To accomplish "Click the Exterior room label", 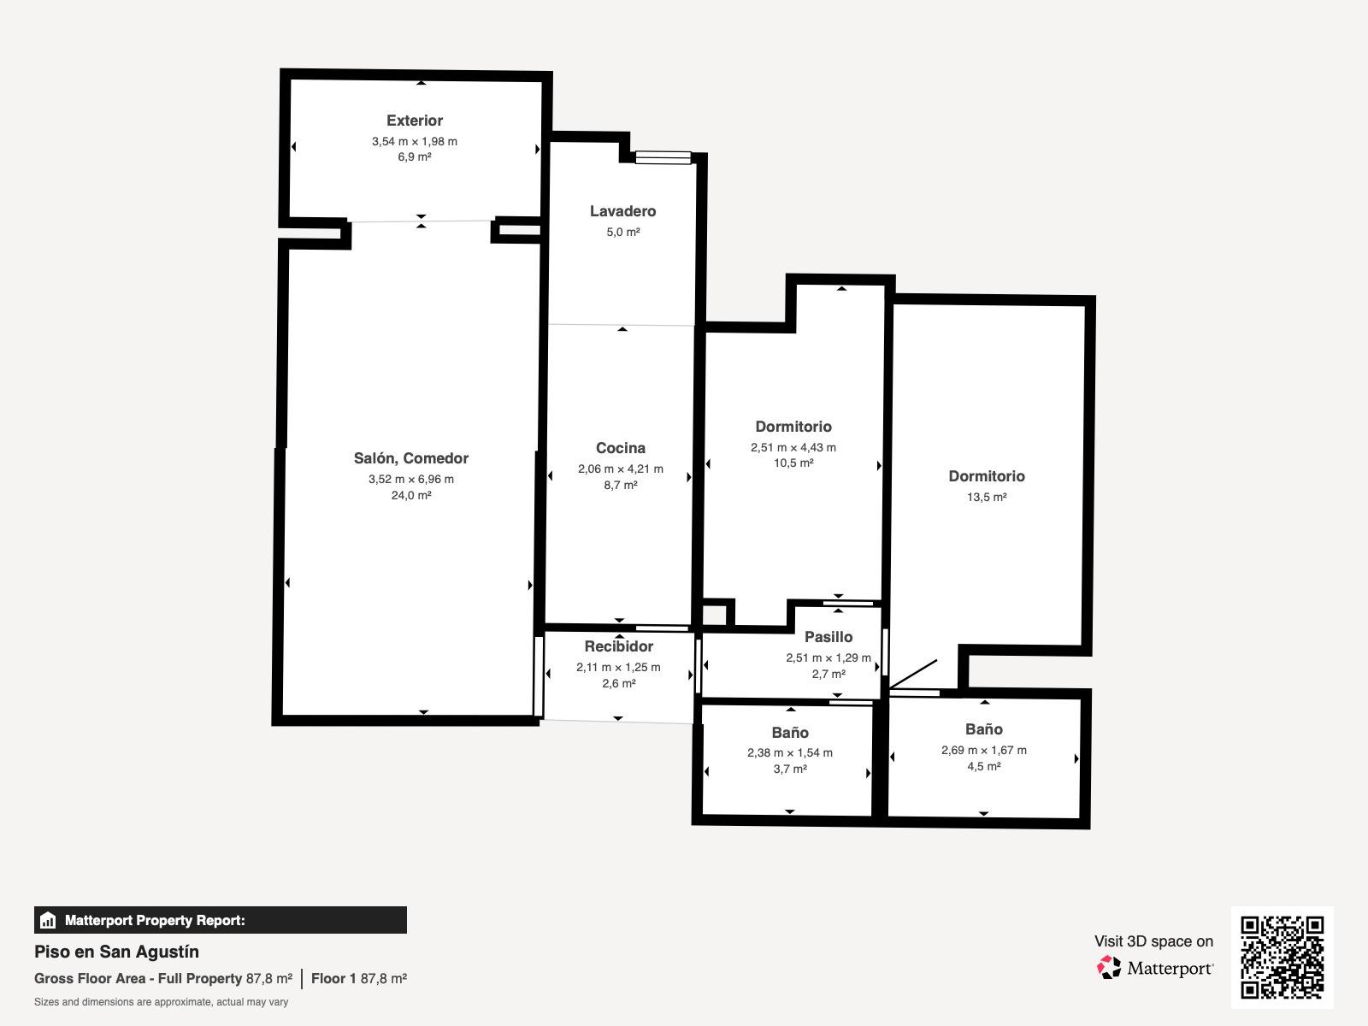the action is [x=415, y=121].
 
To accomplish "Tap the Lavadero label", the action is [x=622, y=211].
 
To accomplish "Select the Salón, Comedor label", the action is [x=410, y=458].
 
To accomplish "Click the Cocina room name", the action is [x=620, y=448].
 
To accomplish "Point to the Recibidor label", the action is [x=619, y=646].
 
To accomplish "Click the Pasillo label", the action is [x=828, y=637].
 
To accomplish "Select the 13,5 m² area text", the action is [x=987, y=497].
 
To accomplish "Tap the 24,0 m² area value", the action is [x=411, y=495].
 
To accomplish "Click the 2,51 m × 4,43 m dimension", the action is [x=793, y=447].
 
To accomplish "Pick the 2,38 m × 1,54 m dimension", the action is [x=790, y=752].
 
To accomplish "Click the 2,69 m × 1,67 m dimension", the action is [x=983, y=750].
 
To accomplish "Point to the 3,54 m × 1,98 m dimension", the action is [x=415, y=141].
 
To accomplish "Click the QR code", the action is [x=1282, y=958].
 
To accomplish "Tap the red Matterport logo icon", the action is [x=1109, y=968].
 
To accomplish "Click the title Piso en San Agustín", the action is [x=116, y=952].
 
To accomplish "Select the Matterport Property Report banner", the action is [x=221, y=920].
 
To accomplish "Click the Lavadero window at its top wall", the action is [x=663, y=157].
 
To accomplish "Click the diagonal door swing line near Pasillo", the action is [x=913, y=675].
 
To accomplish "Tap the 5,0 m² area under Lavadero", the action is [x=623, y=232].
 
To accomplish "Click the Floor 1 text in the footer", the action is [x=333, y=978].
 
